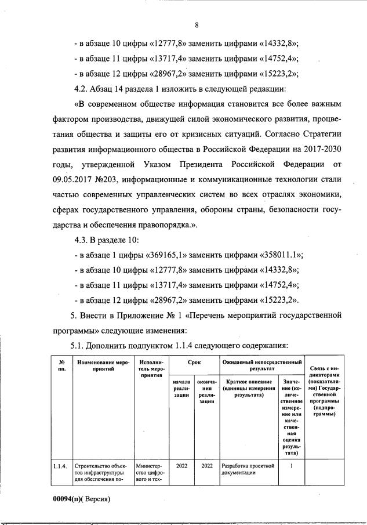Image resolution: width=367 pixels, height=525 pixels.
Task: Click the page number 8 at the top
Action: click(197, 25)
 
